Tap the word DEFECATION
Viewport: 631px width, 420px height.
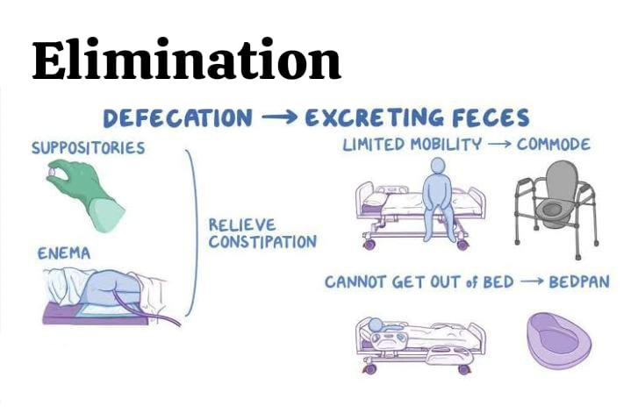click(177, 117)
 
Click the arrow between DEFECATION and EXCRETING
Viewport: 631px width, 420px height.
click(279, 117)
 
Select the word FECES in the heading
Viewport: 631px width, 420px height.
click(491, 117)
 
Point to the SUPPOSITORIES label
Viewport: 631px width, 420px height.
click(88, 148)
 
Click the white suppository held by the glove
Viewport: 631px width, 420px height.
click(53, 173)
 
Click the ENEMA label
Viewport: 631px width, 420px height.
click(63, 253)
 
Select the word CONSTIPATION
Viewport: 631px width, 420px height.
click(262, 241)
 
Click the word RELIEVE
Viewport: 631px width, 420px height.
click(242, 224)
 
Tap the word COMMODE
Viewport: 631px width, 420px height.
click(554, 145)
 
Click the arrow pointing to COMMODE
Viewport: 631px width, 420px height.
click(498, 145)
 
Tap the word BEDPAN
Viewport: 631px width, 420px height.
click(579, 281)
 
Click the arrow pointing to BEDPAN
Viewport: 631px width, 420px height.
click(531, 281)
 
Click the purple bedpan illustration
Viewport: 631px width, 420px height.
click(559, 341)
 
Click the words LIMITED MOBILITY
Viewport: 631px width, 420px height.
click(412, 145)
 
